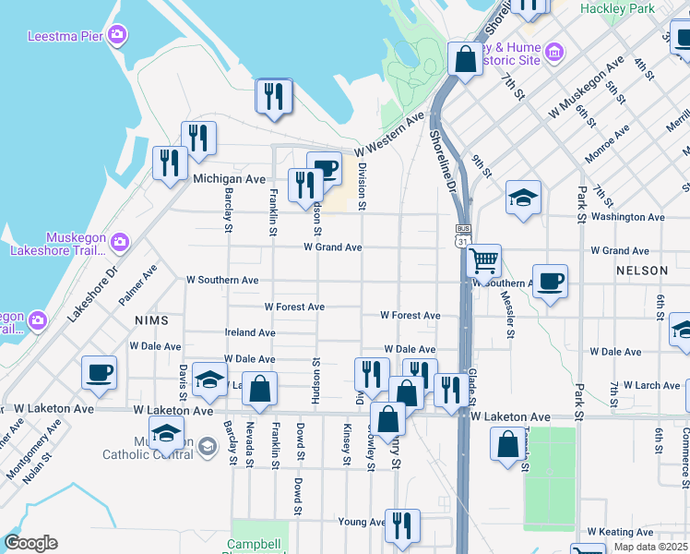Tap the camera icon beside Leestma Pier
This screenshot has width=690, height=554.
[x=116, y=35]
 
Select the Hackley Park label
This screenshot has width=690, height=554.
[x=617, y=8]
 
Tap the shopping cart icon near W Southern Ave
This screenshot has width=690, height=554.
[x=484, y=260]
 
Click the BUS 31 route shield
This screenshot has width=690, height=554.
[x=463, y=234]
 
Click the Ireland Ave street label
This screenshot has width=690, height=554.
[x=250, y=332]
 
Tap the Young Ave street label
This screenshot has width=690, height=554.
[x=361, y=522]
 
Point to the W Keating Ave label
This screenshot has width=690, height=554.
[x=620, y=533]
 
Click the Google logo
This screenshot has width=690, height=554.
[x=30, y=543]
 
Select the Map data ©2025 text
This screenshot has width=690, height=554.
[x=651, y=547]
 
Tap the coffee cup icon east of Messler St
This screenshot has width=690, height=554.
[x=550, y=281]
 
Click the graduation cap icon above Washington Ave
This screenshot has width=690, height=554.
[x=523, y=198]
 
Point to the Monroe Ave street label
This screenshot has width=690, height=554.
[x=607, y=149]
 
